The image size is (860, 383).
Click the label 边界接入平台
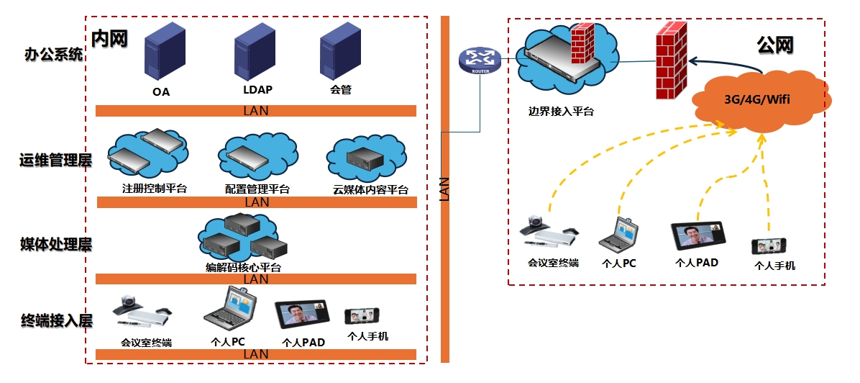tap(561, 111)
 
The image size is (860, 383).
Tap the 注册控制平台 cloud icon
tap(147, 153)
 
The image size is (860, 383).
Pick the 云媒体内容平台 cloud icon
tap(367, 159)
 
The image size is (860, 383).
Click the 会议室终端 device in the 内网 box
tap(142, 311)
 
